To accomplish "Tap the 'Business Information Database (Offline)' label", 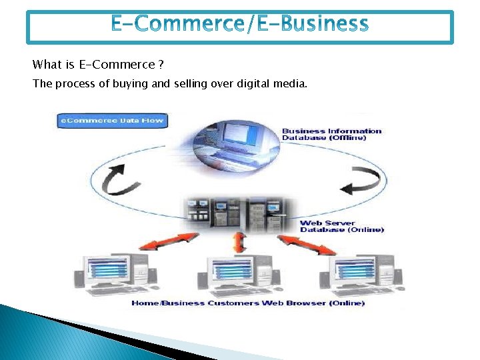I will [x=331, y=134].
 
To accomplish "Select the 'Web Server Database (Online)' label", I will [x=341, y=227].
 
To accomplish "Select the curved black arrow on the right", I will [x=364, y=179].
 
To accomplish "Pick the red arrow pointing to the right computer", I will [x=307, y=245].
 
